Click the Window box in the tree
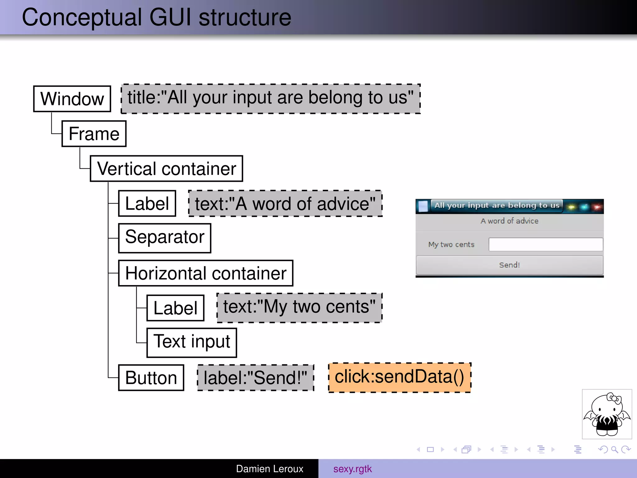point(72,99)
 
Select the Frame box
point(94,134)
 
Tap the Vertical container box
point(166,169)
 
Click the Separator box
point(165,238)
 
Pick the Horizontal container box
point(206,273)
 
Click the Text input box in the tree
point(192,343)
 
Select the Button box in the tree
point(151,377)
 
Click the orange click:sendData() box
point(400,377)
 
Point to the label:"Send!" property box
point(256,378)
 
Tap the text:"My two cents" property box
point(299,308)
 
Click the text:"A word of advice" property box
point(285,204)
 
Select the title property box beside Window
point(271,99)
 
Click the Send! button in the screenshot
point(509,265)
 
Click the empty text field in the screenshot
point(546,245)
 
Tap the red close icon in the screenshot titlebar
point(597,207)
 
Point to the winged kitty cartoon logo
point(607,414)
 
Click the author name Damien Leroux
point(269,469)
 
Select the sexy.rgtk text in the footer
point(352,469)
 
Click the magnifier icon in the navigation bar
point(614,449)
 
